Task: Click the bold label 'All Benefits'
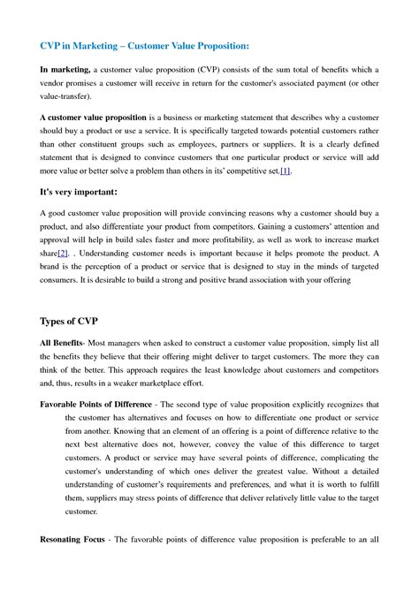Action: click(x=61, y=341)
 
